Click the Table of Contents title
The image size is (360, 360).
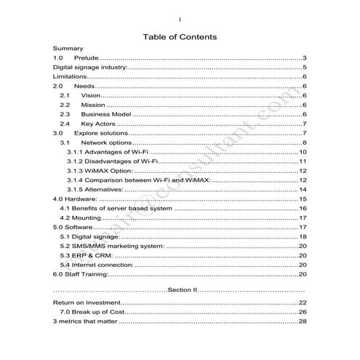180,36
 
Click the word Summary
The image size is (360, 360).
68,48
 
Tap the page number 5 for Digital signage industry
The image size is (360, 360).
304,67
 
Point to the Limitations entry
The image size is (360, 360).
71,76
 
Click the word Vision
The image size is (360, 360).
91,95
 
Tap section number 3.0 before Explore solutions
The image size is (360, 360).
59,133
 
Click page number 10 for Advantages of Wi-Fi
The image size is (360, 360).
303,152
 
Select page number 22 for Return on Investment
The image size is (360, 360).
303,303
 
